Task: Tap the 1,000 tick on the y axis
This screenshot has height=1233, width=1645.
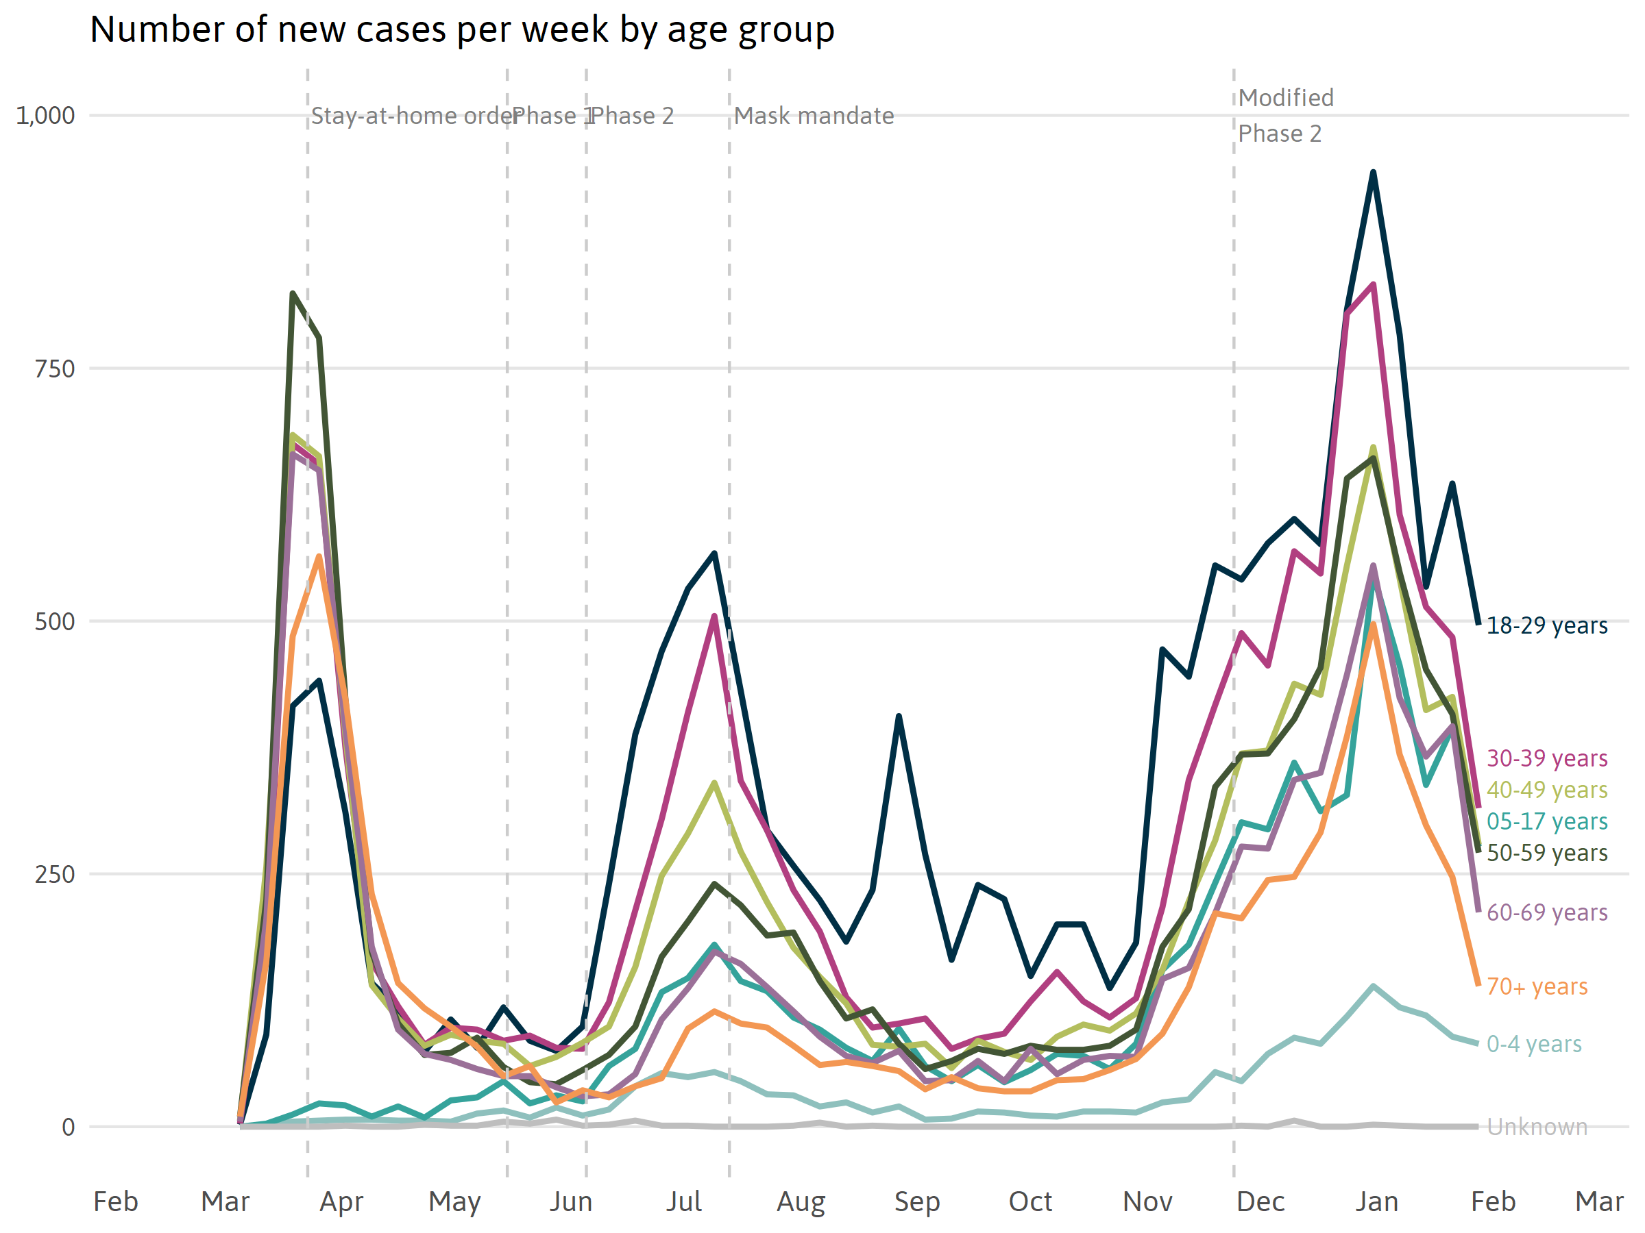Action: pos(45,116)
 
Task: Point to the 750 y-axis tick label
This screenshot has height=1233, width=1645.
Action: pos(55,369)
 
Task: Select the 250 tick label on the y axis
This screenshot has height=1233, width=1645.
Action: pos(55,875)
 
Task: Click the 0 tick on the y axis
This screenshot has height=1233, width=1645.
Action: pos(68,1128)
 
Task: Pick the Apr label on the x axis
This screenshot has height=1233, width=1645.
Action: pos(341,1201)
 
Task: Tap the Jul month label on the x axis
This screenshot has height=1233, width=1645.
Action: pos(683,1201)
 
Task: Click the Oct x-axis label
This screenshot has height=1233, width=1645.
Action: pos(1030,1201)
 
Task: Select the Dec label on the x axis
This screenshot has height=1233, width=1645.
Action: pos(1260,1201)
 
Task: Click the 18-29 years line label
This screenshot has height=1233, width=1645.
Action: pos(1547,626)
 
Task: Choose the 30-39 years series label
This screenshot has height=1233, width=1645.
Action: pos(1547,758)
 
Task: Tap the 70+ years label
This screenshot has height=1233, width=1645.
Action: pos(1537,987)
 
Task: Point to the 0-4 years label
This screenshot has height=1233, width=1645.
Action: pos(1534,1044)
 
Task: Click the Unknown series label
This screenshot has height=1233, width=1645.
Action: pos(1537,1128)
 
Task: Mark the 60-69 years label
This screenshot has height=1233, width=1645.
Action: pos(1547,912)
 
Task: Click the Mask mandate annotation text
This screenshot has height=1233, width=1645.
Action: pos(814,116)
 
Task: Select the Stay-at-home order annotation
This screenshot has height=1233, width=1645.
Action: pos(413,116)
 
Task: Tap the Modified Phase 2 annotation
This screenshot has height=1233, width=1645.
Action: pos(1285,116)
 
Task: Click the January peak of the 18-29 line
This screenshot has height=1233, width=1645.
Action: pos(1374,173)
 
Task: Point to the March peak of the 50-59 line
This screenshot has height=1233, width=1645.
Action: pos(293,294)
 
